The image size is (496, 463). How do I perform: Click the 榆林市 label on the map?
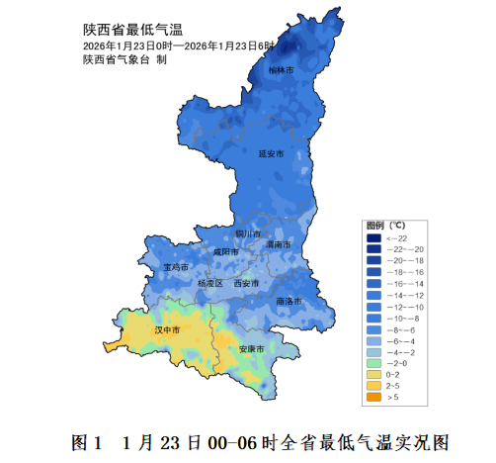282,70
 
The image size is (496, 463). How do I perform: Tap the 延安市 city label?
271,154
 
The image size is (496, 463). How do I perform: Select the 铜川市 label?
247,233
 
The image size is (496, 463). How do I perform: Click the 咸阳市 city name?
225,252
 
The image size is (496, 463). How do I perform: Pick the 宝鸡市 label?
176,267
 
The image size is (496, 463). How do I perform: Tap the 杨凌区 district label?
210,283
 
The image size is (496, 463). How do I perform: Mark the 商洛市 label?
289,300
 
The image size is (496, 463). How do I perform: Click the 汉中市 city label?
166,329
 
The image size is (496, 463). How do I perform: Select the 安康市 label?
251,349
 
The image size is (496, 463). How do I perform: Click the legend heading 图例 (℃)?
385,225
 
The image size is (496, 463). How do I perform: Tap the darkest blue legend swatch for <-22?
373,237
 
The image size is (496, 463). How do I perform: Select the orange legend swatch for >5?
373,397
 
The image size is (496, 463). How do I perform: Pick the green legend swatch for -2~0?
373,363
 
